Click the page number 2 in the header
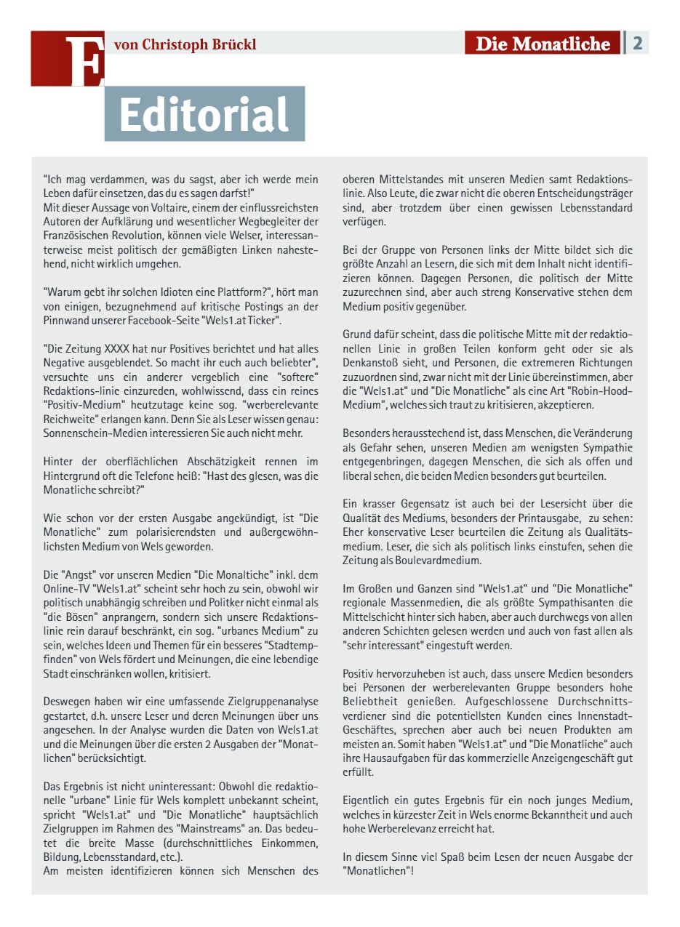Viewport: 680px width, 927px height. [637, 43]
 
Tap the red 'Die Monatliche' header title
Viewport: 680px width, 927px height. [543, 44]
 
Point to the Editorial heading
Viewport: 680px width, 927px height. [204, 114]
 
